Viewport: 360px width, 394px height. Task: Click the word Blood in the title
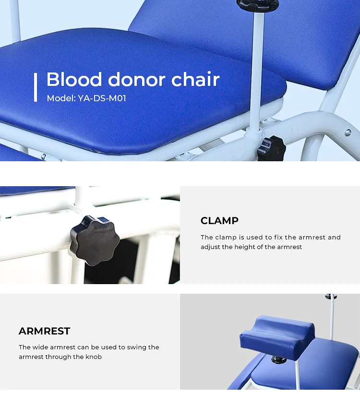pyautogui.click(x=74, y=80)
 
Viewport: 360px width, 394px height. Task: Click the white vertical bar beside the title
pyautogui.click(x=36, y=87)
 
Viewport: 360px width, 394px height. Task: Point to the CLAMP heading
pyautogui.click(x=219, y=221)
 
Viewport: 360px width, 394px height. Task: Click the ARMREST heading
pyautogui.click(x=44, y=331)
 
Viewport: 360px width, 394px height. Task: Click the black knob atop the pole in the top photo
pyautogui.click(x=257, y=5)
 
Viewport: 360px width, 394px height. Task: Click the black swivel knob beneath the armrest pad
pyautogui.click(x=277, y=359)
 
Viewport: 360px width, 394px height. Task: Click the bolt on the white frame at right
pyautogui.click(x=347, y=133)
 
